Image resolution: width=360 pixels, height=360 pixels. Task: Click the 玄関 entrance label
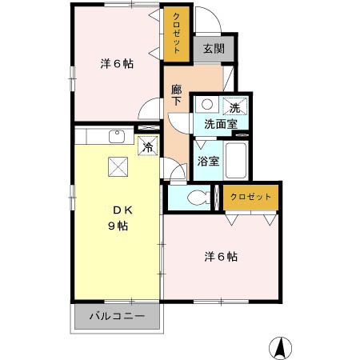click(213, 48)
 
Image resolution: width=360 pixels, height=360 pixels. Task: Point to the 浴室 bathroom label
click(207, 159)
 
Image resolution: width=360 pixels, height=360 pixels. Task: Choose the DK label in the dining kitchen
click(120, 210)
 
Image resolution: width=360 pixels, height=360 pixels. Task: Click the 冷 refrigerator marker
click(147, 146)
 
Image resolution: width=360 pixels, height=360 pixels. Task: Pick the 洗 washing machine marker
click(234, 107)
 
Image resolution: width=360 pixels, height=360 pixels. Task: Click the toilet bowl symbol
click(197, 198)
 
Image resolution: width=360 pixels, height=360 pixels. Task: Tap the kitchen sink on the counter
click(116, 138)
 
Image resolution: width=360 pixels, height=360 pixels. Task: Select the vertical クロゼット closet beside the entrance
click(175, 34)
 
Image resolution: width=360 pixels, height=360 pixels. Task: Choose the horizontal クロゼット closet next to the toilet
click(251, 196)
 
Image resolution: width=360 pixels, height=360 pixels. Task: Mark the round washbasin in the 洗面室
click(206, 104)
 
